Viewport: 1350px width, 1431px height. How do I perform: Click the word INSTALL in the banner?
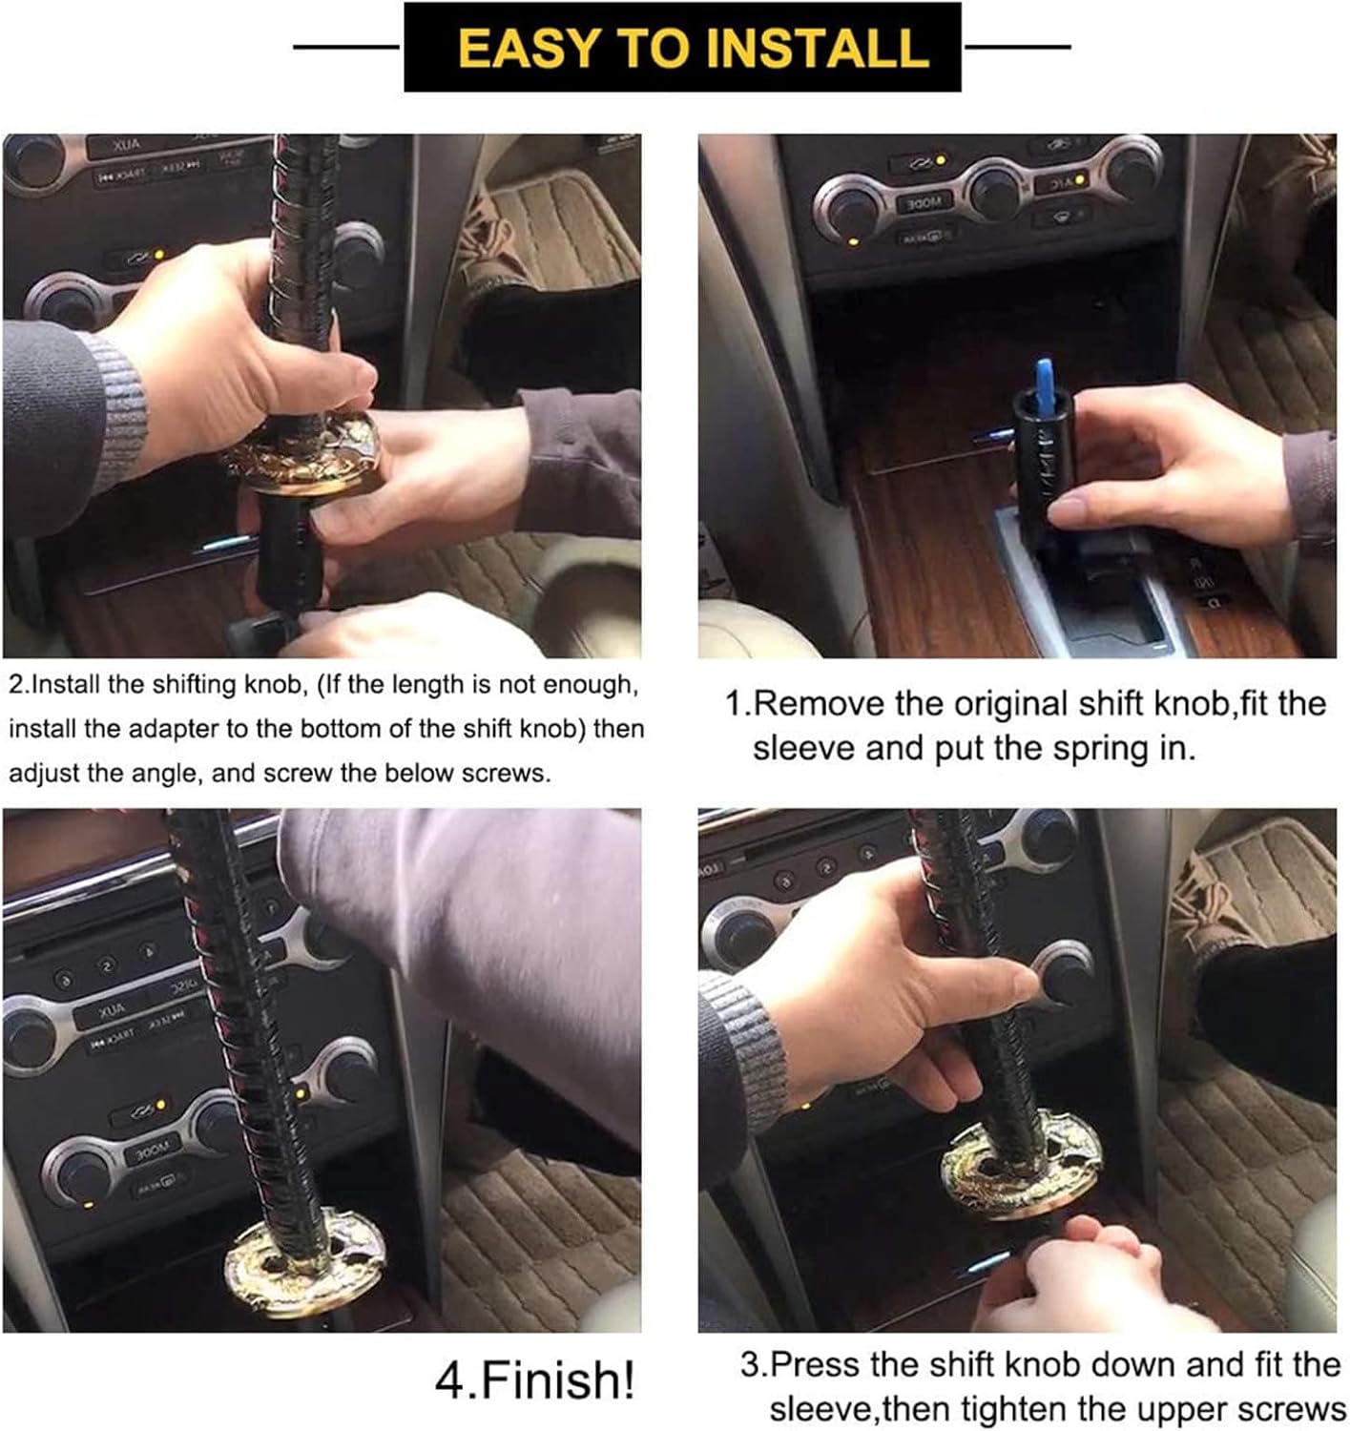817,48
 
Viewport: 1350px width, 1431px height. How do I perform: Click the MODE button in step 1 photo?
923,203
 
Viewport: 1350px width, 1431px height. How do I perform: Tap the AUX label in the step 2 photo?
126,146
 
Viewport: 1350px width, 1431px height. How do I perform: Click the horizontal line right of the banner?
1018,46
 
